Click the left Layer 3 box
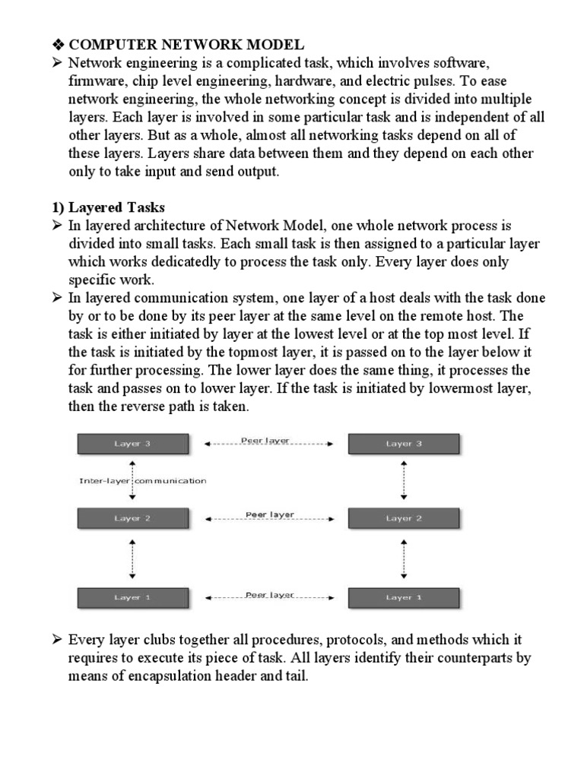click(132, 444)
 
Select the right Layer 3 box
click(403, 444)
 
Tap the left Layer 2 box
click(132, 519)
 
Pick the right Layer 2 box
click(403, 519)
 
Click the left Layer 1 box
click(132, 597)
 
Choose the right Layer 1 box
click(403, 597)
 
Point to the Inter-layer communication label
click(143, 481)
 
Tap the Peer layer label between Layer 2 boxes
click(269, 514)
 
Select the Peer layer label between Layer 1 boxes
click(269, 595)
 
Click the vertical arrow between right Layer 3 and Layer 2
click(404, 480)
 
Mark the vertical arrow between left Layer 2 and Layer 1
click(133, 558)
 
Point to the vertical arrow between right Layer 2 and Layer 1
click(404, 558)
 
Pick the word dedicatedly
click(195, 262)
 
